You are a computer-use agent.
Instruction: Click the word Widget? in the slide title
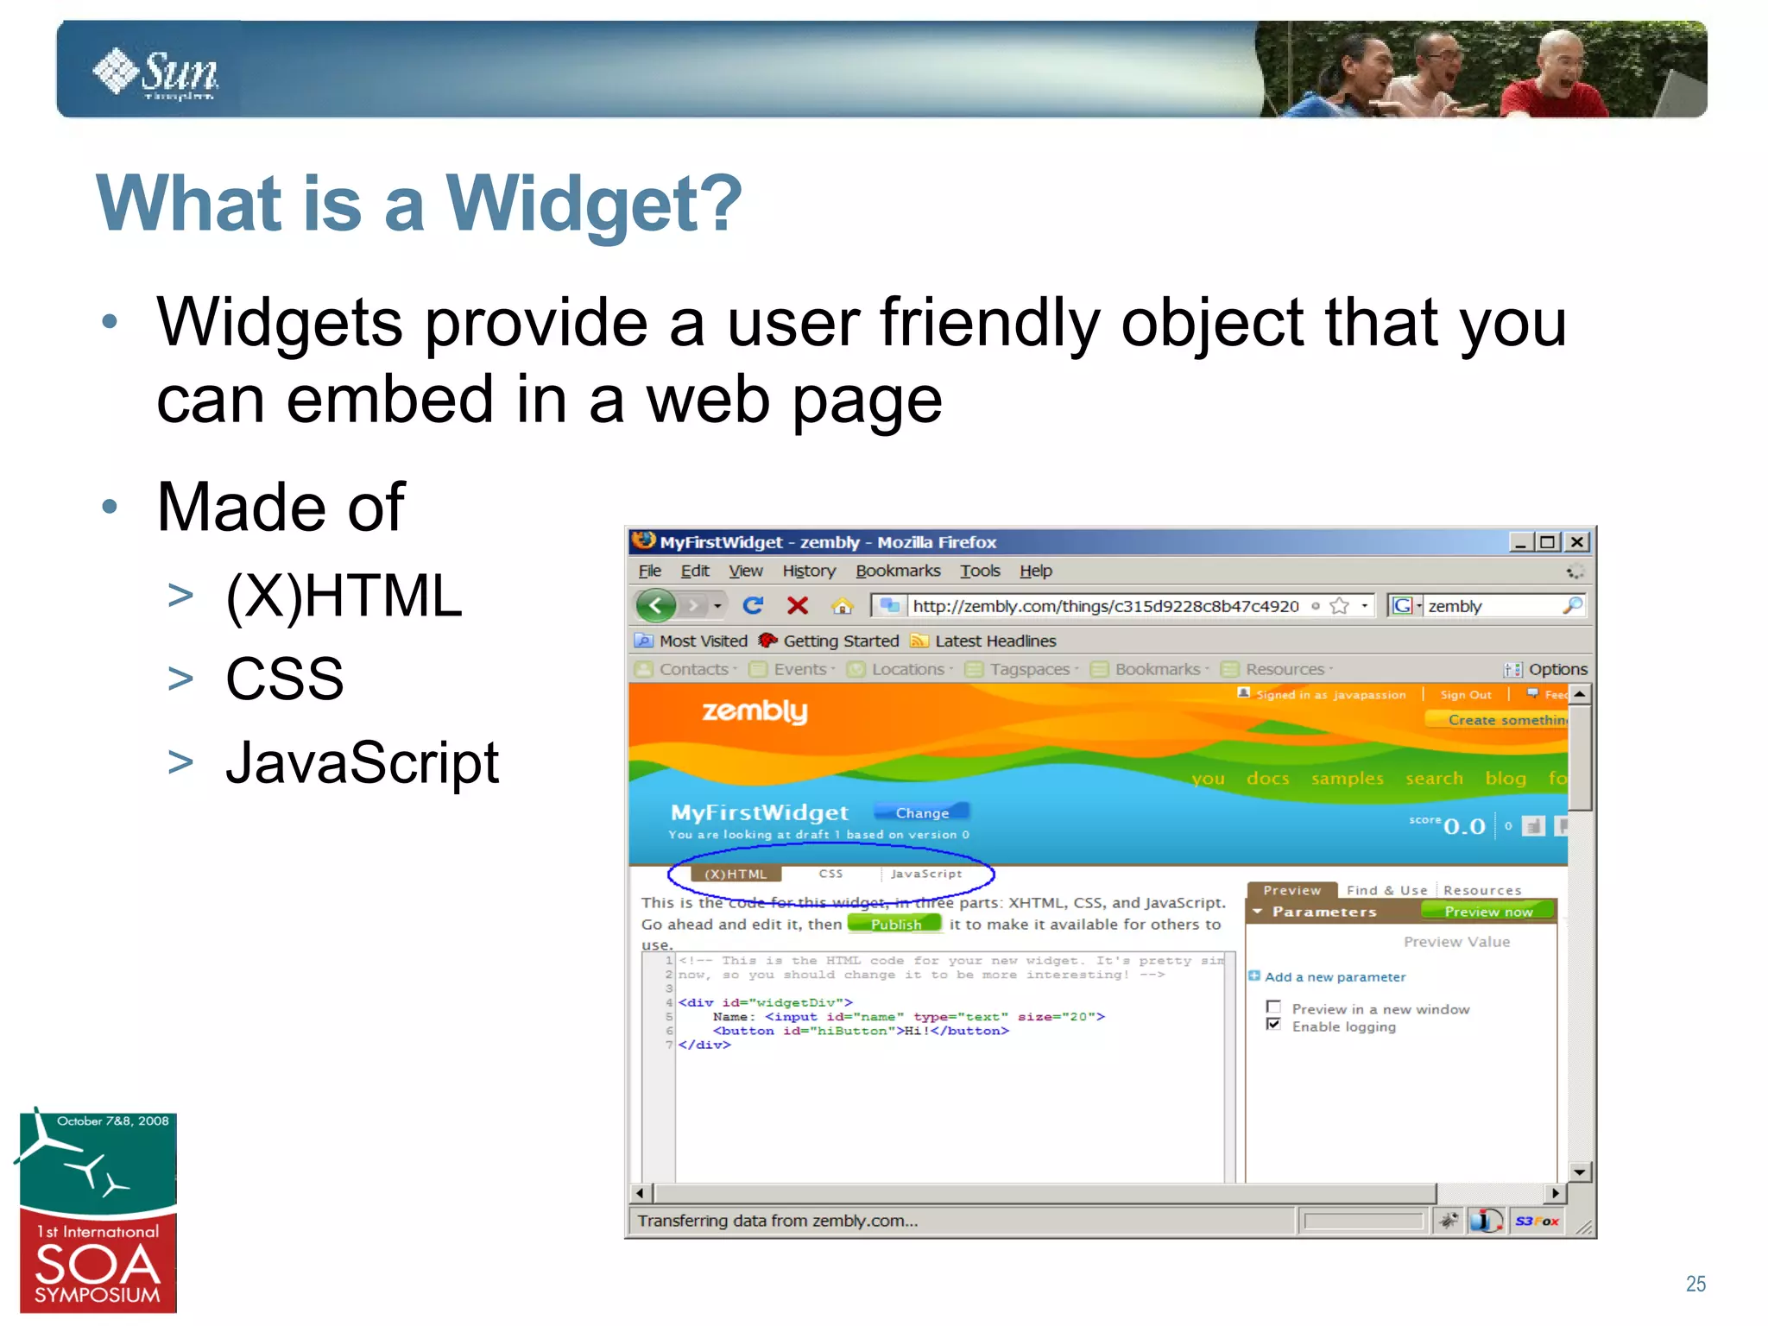pyautogui.click(x=594, y=204)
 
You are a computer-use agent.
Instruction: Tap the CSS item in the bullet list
pyautogui.click(x=284, y=679)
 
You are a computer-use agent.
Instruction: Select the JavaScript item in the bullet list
pyautogui.click(x=362, y=763)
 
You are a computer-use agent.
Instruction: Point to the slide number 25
pyautogui.click(x=1695, y=1284)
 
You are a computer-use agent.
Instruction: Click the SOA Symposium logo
pyautogui.click(x=98, y=1213)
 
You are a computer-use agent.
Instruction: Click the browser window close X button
pyautogui.click(x=1576, y=542)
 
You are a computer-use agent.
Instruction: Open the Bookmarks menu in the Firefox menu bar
pyautogui.click(x=897, y=571)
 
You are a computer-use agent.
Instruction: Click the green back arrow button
pyautogui.click(x=656, y=605)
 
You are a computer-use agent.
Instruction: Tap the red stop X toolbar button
pyautogui.click(x=798, y=606)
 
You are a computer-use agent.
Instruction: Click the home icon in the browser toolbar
pyautogui.click(x=842, y=606)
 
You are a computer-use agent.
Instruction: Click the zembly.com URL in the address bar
pyautogui.click(x=1105, y=606)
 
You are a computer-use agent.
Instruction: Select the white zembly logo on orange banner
pyautogui.click(x=755, y=711)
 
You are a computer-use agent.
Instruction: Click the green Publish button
pyautogui.click(x=895, y=924)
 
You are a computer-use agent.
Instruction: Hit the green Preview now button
pyautogui.click(x=1487, y=912)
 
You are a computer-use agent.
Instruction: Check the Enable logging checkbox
pyautogui.click(x=1273, y=1024)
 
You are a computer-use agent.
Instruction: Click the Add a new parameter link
pyautogui.click(x=1335, y=977)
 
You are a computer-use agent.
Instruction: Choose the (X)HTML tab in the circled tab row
pyautogui.click(x=736, y=874)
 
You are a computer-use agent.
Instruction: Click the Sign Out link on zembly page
pyautogui.click(x=1465, y=695)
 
